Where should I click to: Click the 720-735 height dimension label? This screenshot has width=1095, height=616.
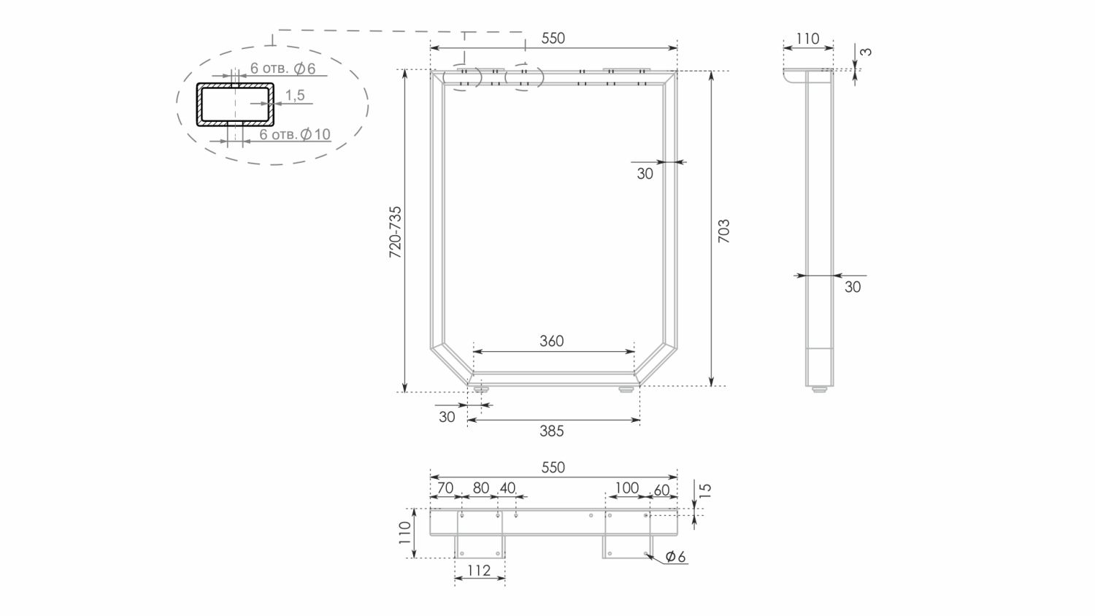(x=395, y=232)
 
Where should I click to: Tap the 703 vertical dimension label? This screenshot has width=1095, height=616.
(x=723, y=231)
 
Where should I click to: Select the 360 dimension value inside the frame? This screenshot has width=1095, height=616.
(x=552, y=341)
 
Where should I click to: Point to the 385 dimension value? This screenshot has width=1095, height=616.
(x=552, y=431)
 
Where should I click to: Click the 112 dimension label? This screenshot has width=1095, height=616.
(x=479, y=570)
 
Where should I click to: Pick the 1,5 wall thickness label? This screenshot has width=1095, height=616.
(x=295, y=95)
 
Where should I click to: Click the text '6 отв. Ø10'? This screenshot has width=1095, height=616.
(x=295, y=134)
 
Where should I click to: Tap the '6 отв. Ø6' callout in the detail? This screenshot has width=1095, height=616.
(x=283, y=69)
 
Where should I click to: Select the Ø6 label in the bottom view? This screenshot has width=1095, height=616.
(x=675, y=556)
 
